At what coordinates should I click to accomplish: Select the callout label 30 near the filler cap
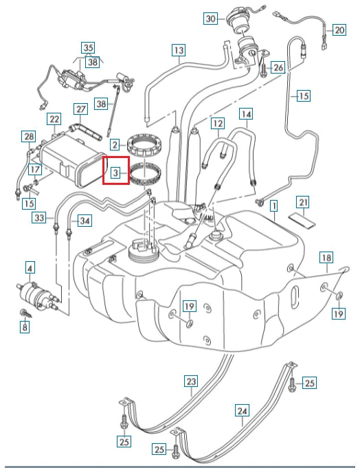click(210, 19)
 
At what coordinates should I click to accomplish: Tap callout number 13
click(179, 50)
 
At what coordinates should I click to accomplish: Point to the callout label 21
click(303, 203)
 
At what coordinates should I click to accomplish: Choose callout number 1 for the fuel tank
click(273, 205)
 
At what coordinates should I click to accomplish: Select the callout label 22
click(54, 120)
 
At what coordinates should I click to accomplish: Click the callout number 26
click(278, 67)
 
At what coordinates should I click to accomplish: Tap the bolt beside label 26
click(262, 68)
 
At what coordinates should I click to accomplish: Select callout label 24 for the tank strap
click(242, 412)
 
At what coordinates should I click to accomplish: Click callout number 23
click(190, 381)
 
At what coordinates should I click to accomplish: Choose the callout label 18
click(326, 258)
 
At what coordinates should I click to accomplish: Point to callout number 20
click(339, 30)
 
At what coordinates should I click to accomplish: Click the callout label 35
click(87, 48)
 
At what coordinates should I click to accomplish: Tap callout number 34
click(85, 221)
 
